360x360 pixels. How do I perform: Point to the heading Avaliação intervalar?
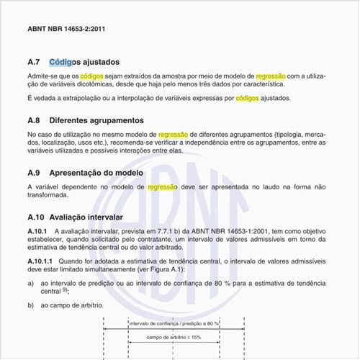click(86, 216)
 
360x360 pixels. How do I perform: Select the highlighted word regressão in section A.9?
click(162, 186)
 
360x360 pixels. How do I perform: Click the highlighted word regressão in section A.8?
click(173, 134)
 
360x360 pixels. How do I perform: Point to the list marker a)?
click(31, 284)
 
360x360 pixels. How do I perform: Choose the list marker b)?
click(31, 306)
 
